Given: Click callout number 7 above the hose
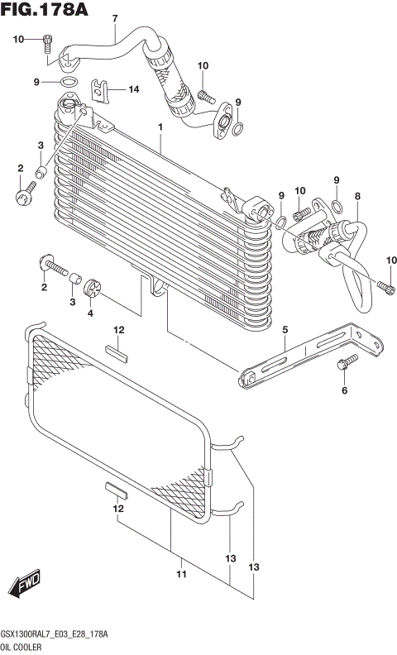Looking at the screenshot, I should pos(115,18).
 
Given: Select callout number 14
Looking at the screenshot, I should pos(133,88).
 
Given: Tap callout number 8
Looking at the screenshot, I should pos(357,196).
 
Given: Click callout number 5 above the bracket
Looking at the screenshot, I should pos(285,330).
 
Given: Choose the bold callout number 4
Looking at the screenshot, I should pos(92,313).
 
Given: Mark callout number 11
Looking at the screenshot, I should pos(180,574).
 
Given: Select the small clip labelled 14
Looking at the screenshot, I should pos(101,88).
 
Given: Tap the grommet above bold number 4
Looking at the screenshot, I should pos(93,287).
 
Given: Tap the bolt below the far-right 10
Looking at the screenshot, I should pos(386,287).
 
